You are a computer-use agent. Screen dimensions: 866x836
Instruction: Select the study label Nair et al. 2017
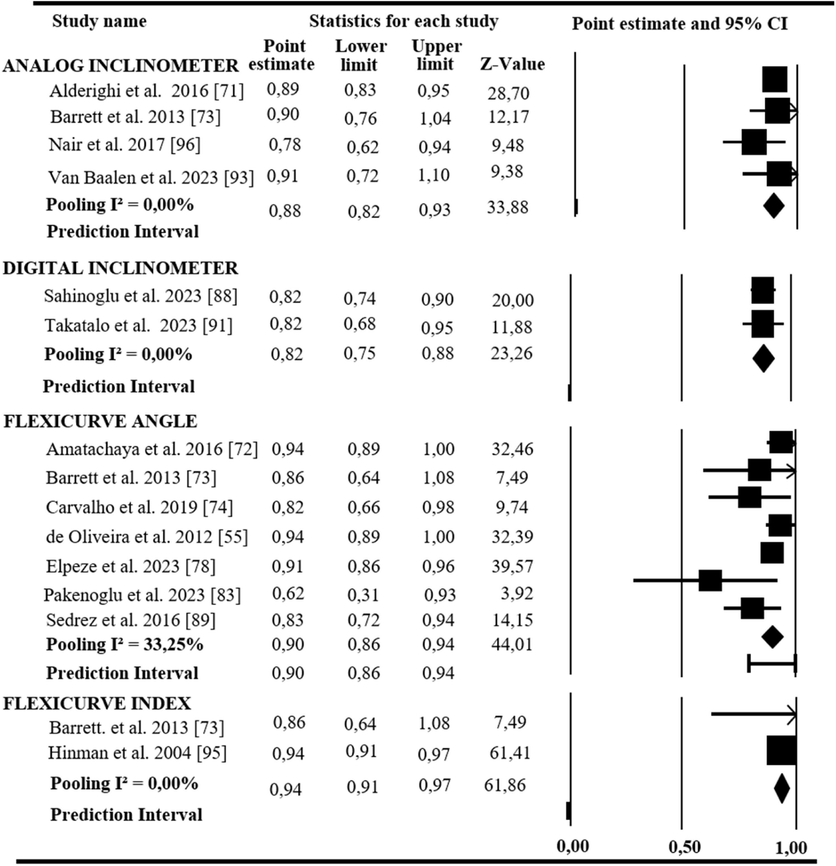tap(124, 145)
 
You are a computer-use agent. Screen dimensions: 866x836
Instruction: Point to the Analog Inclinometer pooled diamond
tap(774, 205)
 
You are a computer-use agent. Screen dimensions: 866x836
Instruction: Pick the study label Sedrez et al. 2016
tap(131, 620)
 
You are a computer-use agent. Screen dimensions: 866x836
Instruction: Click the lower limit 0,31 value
tap(363, 595)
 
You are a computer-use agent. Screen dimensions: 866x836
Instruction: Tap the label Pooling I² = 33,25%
tap(125, 645)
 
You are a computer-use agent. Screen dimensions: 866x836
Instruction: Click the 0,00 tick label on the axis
tap(573, 846)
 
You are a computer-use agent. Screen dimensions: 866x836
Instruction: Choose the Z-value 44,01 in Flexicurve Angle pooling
tap(511, 644)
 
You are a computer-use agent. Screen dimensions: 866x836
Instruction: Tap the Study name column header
tap(99, 21)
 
